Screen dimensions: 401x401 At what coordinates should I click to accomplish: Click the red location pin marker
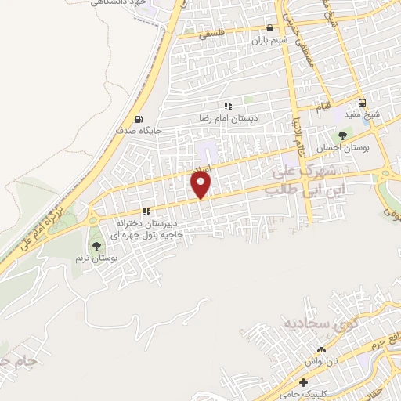click(x=201, y=185)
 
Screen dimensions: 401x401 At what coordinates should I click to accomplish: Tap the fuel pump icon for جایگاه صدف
click(x=139, y=120)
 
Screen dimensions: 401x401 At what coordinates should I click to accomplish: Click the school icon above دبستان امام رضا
click(x=228, y=106)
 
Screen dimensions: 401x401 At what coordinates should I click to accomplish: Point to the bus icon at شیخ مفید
click(x=362, y=103)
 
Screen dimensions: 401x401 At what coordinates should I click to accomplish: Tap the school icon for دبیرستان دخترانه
click(x=146, y=211)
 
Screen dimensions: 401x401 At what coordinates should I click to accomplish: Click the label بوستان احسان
click(x=349, y=149)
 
